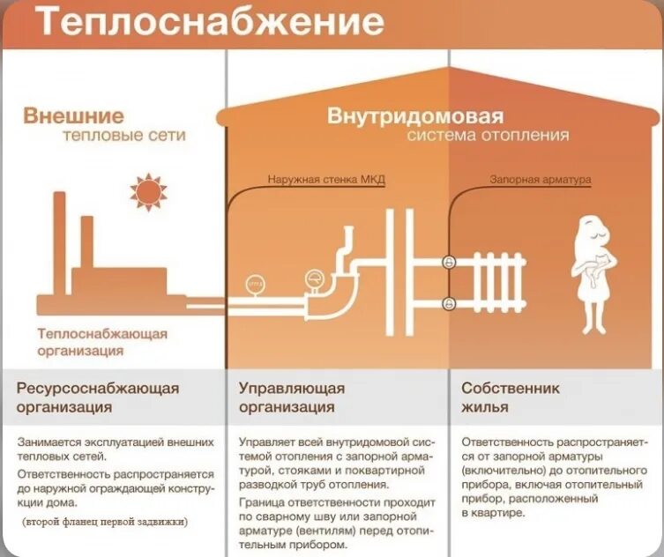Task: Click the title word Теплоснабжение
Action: coord(210,23)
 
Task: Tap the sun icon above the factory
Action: coord(147,191)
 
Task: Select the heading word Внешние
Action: coord(73,116)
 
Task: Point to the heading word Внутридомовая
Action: coord(415,116)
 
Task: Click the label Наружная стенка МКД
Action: coord(326,180)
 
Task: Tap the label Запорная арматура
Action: coord(541,180)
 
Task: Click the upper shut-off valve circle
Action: coord(448,262)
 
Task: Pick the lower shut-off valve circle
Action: coord(448,302)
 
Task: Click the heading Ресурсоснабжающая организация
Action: coord(98,397)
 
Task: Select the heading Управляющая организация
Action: coord(292,397)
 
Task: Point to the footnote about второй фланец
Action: coord(105,521)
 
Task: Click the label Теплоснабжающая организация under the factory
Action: coord(101,342)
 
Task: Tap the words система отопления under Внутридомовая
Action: coord(488,137)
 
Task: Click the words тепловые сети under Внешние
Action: coord(124,137)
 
